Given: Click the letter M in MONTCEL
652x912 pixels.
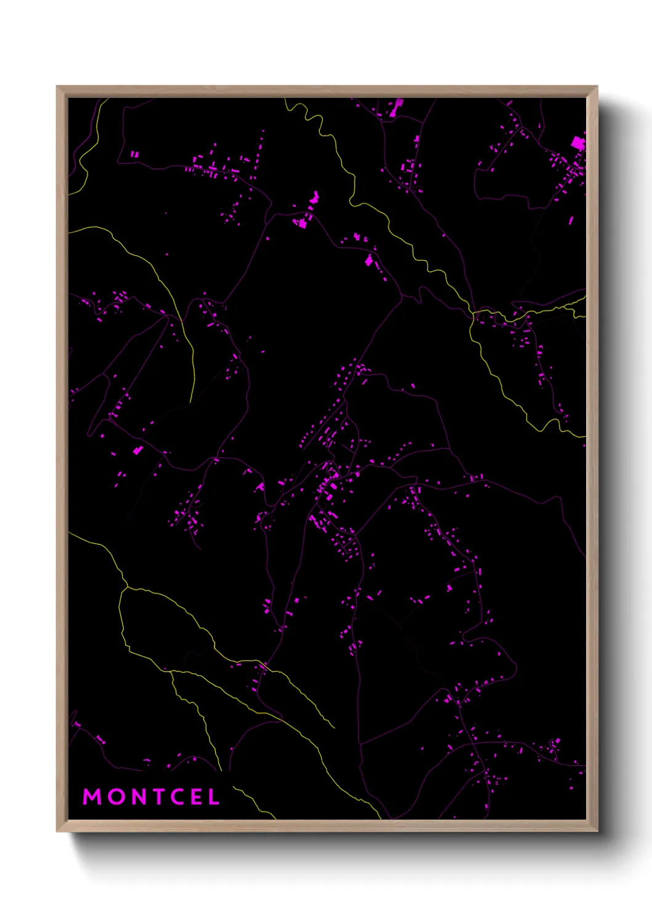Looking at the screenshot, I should tap(92, 797).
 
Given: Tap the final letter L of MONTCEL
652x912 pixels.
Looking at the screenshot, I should tap(213, 797).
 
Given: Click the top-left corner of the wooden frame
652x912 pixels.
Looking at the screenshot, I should tap(58, 88).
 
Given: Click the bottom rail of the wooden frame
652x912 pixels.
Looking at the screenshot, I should tap(327, 826).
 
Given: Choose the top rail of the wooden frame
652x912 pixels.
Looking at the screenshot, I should tap(327, 91).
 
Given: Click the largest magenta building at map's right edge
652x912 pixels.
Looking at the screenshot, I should tap(577, 144).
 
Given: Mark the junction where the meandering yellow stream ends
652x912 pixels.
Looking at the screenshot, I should tap(473, 313).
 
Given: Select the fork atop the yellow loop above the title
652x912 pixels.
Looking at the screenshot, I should tap(126, 587).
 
